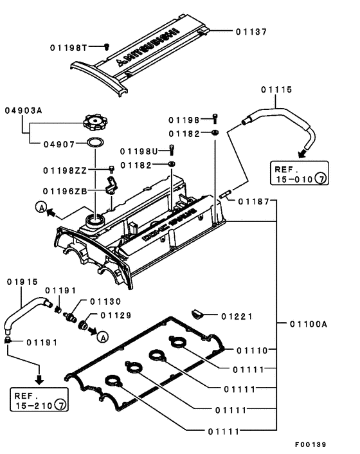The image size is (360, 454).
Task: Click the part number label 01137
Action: point(251,32)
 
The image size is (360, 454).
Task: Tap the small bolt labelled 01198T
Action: point(107,46)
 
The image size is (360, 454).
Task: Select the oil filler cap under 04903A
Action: point(95,123)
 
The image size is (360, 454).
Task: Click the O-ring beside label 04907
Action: point(96,142)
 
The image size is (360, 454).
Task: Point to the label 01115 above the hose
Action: point(276,89)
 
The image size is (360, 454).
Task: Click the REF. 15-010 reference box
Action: point(299,173)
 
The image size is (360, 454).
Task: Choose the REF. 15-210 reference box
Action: point(39,399)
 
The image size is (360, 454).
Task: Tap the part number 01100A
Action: point(309,323)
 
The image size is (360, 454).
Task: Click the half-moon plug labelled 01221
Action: point(197,314)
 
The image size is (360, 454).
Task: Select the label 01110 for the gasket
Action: point(253,350)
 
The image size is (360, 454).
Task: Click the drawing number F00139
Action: point(310,444)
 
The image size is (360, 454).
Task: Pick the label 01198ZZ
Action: point(65,170)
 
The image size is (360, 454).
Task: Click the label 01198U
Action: point(139,151)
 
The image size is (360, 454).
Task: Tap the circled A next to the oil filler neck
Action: point(41,207)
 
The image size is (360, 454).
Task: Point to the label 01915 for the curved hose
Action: point(22,282)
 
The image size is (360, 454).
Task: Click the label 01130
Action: point(105,302)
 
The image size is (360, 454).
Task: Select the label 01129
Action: point(116,315)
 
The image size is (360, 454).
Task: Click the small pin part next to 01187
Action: point(224,194)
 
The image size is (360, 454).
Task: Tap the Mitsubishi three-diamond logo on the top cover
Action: point(120,62)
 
